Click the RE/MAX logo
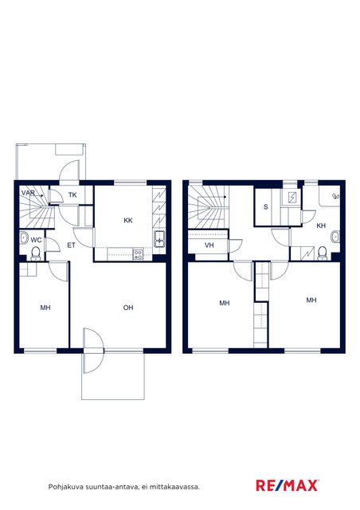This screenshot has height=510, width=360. click(288, 486)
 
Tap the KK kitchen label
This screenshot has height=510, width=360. click(128, 221)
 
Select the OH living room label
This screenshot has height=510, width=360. click(128, 308)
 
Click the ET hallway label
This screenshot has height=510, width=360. click(71, 245)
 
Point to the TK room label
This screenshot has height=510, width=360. click(72, 195)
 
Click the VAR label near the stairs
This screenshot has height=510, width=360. click(28, 193)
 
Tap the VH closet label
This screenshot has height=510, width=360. click(209, 245)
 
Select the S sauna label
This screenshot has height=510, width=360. click(266, 207)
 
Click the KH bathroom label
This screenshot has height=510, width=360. click(321, 226)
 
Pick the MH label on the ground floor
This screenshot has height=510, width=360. click(45, 308)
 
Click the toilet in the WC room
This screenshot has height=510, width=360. click(36, 253)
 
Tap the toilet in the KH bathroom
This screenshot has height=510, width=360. click(322, 253)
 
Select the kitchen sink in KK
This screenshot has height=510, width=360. click(159, 239)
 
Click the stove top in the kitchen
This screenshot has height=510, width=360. click(139, 254)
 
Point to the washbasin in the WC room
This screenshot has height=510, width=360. click(24, 237)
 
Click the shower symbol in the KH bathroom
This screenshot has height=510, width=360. click(335, 196)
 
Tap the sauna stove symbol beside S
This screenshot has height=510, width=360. click(292, 197)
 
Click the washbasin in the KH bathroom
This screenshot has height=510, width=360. click(335, 237)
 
